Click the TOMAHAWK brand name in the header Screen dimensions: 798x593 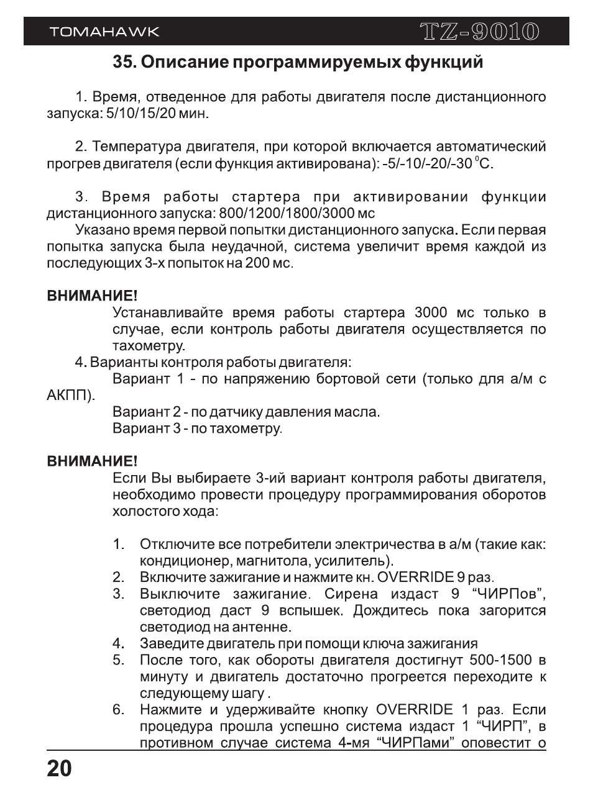click(104, 32)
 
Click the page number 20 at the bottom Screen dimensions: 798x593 click(60, 769)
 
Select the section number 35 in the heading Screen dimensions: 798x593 click(124, 63)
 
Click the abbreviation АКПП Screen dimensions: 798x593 click(70, 396)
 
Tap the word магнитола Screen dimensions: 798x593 click(255, 561)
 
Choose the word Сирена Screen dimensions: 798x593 click(351, 594)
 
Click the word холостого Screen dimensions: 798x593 click(144, 512)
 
